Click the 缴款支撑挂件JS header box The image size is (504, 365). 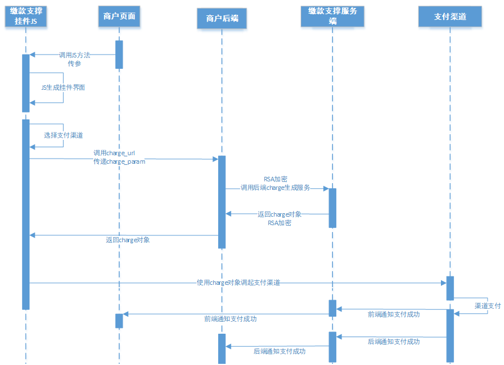point(26,16)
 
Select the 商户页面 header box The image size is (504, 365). point(119,16)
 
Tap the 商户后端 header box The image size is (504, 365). point(222,19)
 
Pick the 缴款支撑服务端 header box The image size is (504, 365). point(332,16)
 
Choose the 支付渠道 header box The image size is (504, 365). point(450,16)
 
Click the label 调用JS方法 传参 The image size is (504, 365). point(74,59)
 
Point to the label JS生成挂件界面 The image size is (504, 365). point(63,88)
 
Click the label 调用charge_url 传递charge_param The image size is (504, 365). point(119,157)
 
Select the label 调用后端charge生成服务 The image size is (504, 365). point(275,187)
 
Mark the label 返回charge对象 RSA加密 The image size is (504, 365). point(279,218)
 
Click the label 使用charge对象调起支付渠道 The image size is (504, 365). point(238,283)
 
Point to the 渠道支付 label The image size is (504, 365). point(488,306)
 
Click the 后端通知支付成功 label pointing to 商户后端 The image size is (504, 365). point(279,351)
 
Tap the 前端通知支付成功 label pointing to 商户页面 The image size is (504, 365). point(230,319)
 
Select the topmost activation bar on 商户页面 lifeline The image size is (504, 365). point(119,55)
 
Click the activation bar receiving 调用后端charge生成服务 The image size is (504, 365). point(332,208)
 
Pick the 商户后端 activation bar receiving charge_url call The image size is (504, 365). point(222,202)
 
